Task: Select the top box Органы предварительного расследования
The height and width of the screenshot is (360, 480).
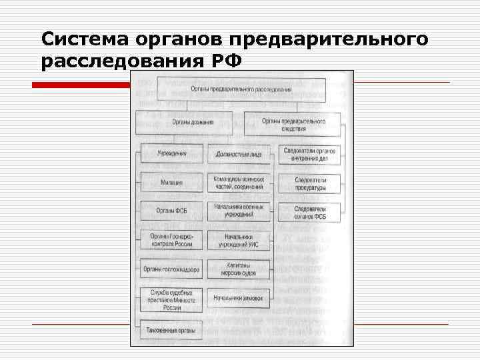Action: point(241,88)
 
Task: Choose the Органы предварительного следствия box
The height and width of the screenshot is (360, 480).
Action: point(294,125)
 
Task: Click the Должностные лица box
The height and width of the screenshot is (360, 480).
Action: point(239,154)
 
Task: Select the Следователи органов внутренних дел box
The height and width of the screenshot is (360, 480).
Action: point(309,154)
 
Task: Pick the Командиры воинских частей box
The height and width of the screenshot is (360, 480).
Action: point(239,182)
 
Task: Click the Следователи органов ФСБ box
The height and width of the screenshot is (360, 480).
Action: point(309,212)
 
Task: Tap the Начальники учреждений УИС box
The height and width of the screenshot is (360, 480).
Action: point(239,241)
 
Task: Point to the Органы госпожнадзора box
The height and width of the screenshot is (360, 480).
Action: point(171,269)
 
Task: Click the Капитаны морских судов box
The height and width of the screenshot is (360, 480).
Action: point(239,269)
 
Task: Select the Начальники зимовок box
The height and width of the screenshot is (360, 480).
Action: point(239,297)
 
